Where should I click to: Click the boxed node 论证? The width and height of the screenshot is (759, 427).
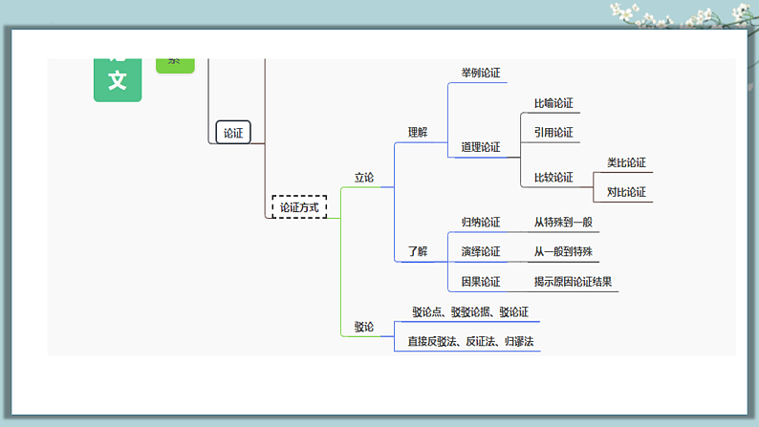[x=233, y=133]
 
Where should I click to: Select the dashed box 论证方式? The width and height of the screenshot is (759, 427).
[x=299, y=206]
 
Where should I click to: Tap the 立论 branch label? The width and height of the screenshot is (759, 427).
[x=364, y=177]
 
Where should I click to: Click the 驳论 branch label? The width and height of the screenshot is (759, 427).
[x=364, y=327]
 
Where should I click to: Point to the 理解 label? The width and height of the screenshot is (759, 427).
[x=418, y=133]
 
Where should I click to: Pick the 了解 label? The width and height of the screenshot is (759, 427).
[x=418, y=251]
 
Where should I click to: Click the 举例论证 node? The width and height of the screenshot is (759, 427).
[x=480, y=73]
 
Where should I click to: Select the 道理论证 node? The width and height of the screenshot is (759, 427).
[x=480, y=147]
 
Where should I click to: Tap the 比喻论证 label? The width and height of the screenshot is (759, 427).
[x=553, y=103]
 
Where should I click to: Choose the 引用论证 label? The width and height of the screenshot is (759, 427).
[x=553, y=133]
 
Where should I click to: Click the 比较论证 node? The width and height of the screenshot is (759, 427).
[x=553, y=177]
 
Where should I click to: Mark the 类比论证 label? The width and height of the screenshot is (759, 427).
[x=626, y=162]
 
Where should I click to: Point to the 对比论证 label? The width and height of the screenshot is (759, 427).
[x=626, y=192]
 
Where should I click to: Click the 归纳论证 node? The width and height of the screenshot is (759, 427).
[x=480, y=222]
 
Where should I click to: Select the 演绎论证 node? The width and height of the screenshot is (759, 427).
[x=480, y=252]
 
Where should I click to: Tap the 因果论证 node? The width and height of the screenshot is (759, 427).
[x=480, y=282]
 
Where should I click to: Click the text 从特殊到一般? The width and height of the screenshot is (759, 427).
[x=563, y=222]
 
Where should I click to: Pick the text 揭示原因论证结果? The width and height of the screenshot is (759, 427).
[x=573, y=282]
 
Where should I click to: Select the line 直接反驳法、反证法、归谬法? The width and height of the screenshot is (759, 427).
[x=466, y=341]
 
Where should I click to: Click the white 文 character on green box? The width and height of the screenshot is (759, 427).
[x=118, y=80]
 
